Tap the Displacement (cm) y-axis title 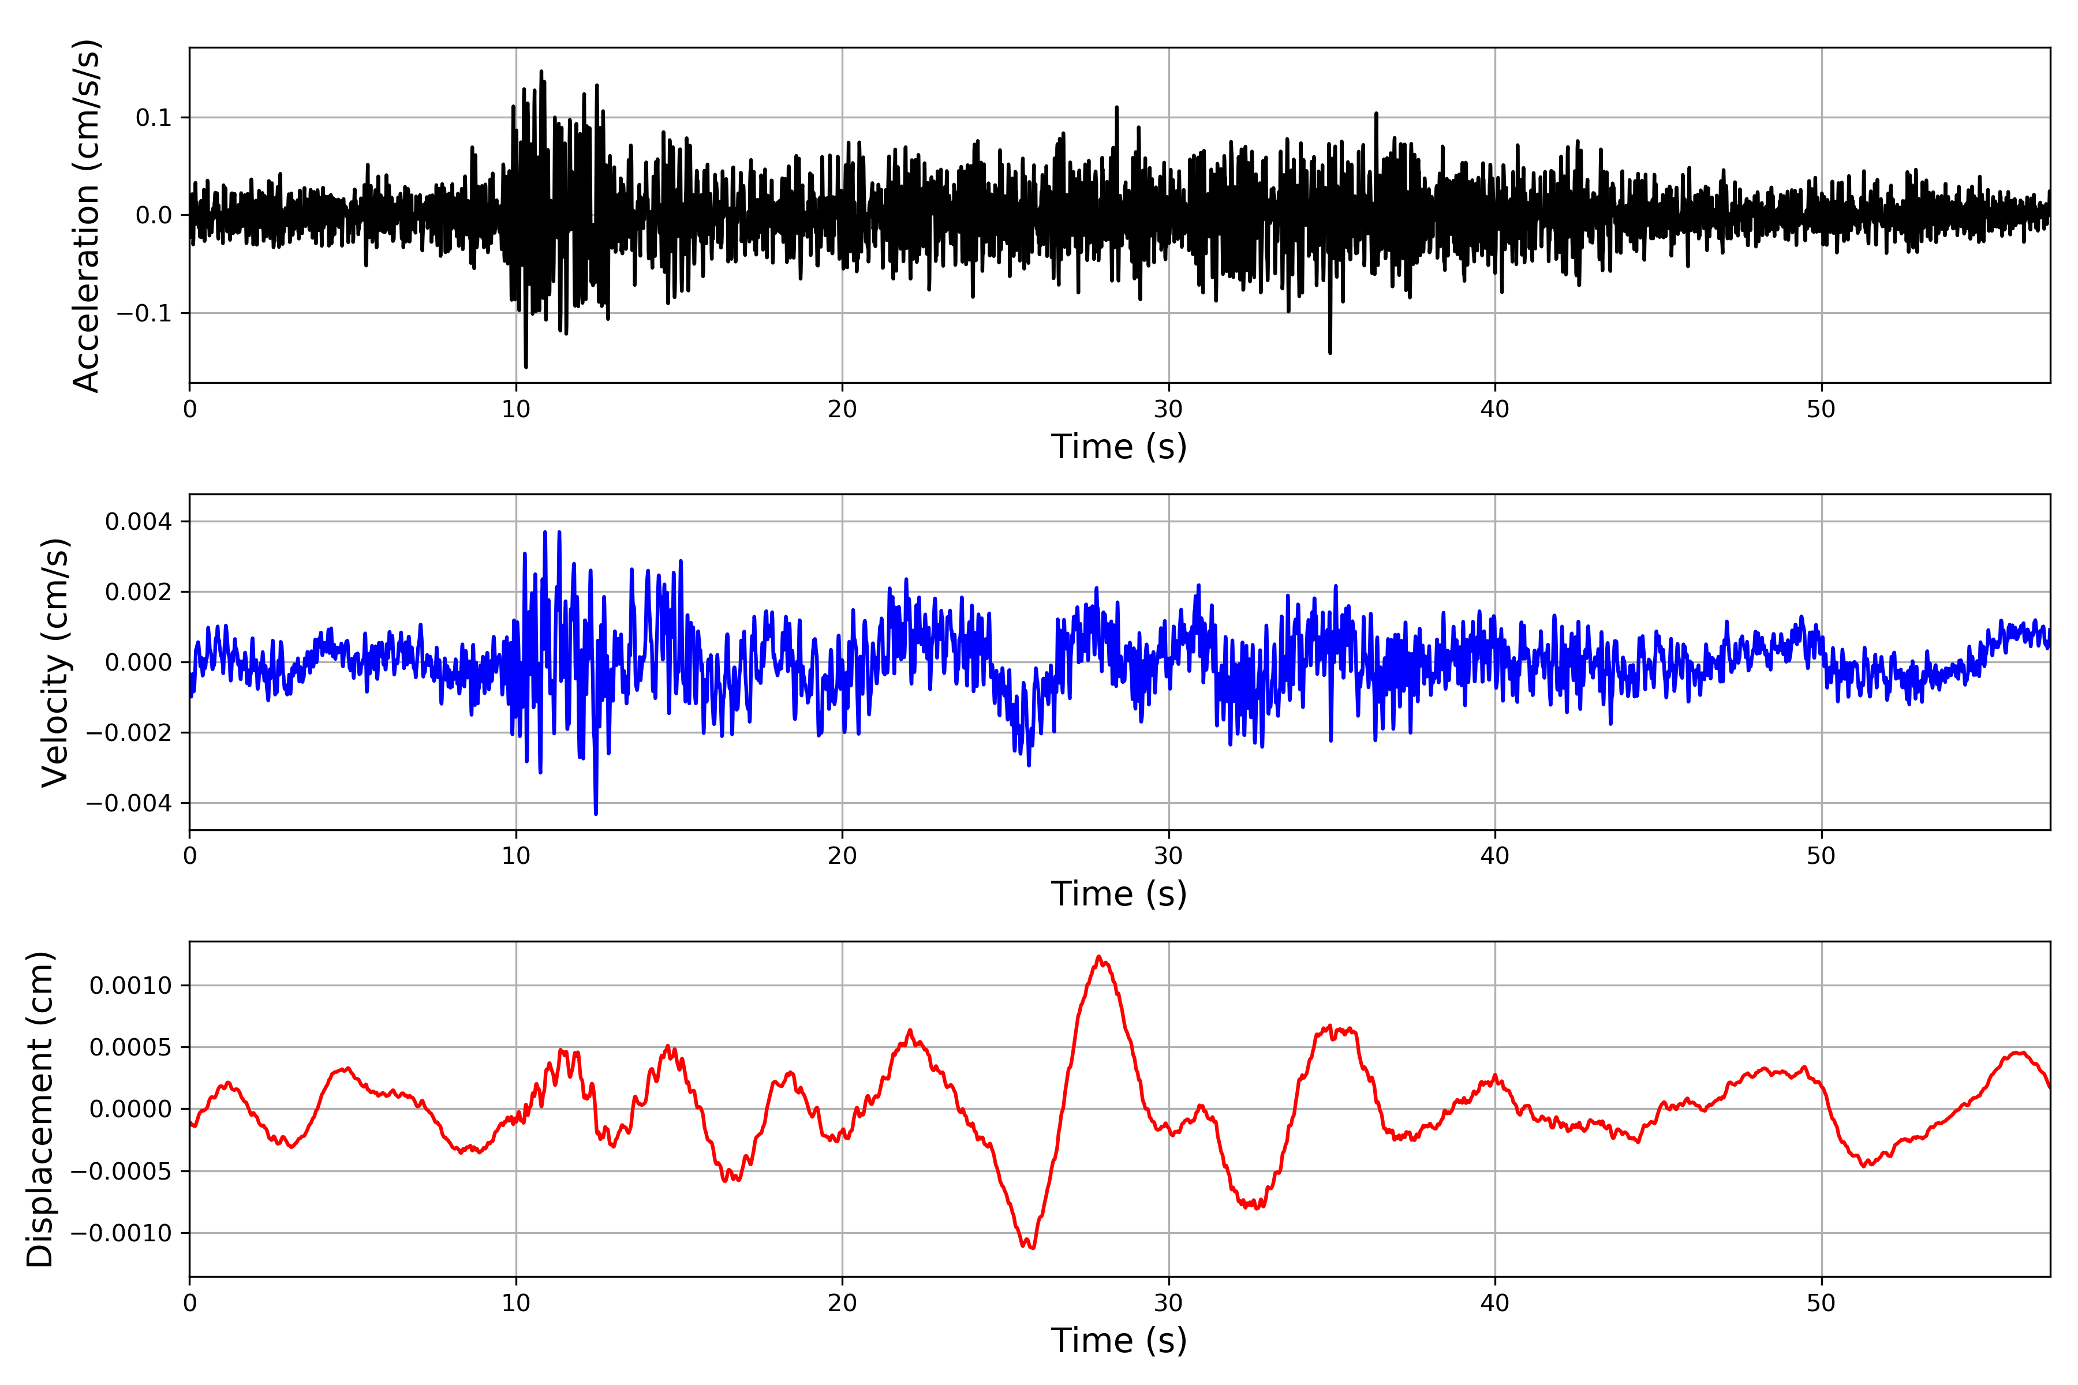[x=40, y=1109]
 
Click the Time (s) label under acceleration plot [x=1119, y=447]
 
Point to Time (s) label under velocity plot [x=1119, y=894]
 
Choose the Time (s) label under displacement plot [x=1119, y=1341]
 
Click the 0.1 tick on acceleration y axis [x=153, y=118]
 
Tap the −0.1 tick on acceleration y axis [x=143, y=313]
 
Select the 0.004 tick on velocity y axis [x=138, y=521]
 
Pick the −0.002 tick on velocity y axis [x=129, y=732]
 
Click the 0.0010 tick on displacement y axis [x=131, y=985]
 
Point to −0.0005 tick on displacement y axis [x=122, y=1171]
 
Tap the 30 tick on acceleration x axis [x=1168, y=410]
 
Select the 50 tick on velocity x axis [x=1821, y=856]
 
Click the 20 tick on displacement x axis [x=842, y=1303]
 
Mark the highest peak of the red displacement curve [x=1098, y=957]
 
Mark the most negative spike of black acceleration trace [x=526, y=366]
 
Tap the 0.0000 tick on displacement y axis [x=131, y=1109]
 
